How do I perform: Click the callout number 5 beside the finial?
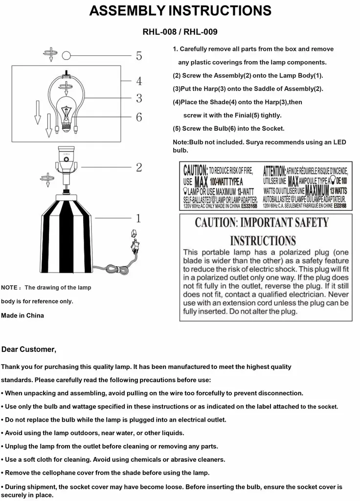tap(139, 56)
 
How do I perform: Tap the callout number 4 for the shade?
tap(139, 81)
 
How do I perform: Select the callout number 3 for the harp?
tap(139, 98)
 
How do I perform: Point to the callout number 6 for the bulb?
tap(139, 117)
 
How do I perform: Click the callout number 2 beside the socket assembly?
tap(139, 167)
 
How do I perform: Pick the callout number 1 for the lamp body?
tap(139, 218)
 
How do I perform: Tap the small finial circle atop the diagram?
tap(66, 56)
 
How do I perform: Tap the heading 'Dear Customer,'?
tap(29, 349)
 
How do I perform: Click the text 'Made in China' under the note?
tap(22, 316)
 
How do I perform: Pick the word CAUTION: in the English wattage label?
tap(195, 171)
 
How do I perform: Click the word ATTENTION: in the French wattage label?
tap(274, 171)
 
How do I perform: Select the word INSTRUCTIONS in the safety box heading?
tap(263, 241)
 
